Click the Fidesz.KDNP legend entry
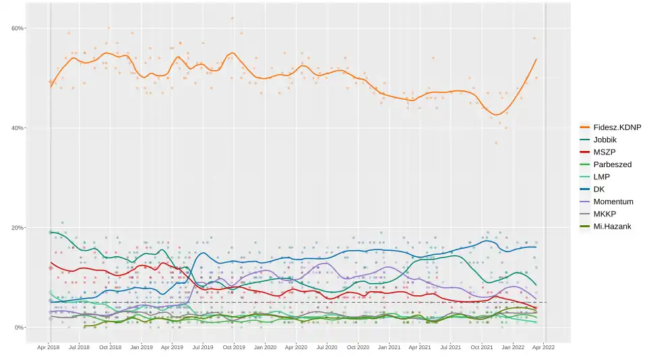617,127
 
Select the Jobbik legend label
605,140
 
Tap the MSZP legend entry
604,152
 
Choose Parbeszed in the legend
612,164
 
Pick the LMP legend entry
602,177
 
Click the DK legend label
599,189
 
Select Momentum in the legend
613,202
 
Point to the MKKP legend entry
605,214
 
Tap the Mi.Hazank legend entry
611,226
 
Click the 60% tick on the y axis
18,28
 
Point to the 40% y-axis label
18,128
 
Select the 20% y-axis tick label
18,228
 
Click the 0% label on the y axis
19,328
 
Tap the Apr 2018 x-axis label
49,348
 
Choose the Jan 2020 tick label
265,348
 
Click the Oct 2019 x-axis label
233,348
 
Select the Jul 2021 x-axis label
450,348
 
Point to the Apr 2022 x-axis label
544,348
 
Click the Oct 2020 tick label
358,348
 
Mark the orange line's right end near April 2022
536,59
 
